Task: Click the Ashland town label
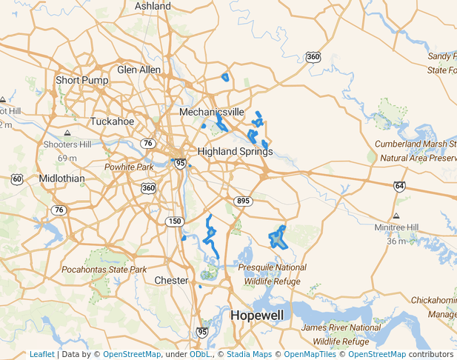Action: point(152,6)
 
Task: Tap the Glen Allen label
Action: point(139,70)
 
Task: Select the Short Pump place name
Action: point(82,80)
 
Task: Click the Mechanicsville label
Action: point(211,112)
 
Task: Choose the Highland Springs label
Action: point(235,151)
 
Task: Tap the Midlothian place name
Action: point(61,179)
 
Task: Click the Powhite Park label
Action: point(129,167)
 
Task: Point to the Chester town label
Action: point(172,280)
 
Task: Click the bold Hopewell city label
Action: point(256,315)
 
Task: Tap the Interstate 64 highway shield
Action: point(400,185)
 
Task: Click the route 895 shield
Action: point(243,201)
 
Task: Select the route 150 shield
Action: point(174,221)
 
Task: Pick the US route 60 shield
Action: point(18,179)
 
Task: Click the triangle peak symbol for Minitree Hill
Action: point(396,216)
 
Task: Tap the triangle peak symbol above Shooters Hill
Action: point(67,133)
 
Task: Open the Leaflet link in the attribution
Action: point(41,354)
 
